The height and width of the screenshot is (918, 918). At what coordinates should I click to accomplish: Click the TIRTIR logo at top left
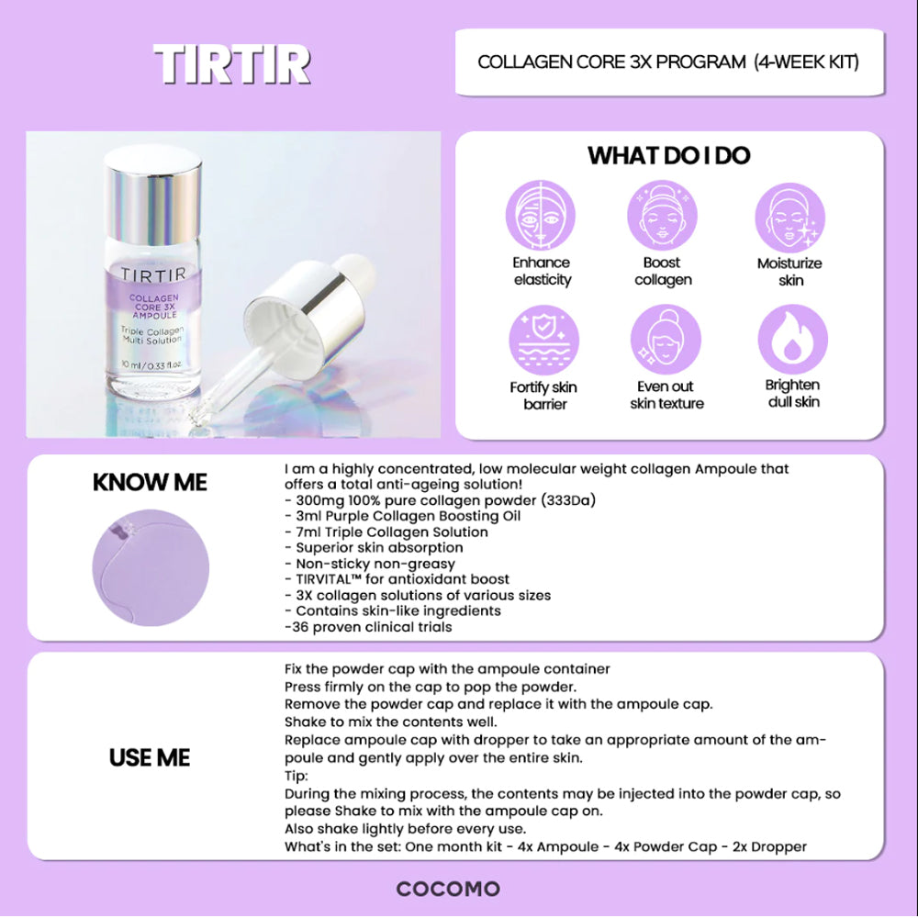pos(232,64)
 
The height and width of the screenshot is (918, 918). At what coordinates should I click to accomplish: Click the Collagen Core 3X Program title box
pos(668,62)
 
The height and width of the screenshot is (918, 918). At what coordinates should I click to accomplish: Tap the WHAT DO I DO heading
pos(668,156)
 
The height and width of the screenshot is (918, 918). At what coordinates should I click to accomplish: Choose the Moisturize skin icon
pos(789,217)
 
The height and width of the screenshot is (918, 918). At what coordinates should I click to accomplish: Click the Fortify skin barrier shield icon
pos(543,341)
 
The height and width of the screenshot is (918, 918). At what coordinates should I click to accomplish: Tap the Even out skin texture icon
pos(666,341)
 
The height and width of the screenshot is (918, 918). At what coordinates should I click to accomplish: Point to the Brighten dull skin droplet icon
pos(792,341)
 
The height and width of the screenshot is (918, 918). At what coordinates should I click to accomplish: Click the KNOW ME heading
pos(150,483)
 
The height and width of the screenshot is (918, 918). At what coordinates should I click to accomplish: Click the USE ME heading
pos(150,757)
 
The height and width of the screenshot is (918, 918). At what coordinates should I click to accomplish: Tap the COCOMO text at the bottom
pos(448,889)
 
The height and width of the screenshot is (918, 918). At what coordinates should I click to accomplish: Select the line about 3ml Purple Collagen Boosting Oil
pos(403,516)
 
